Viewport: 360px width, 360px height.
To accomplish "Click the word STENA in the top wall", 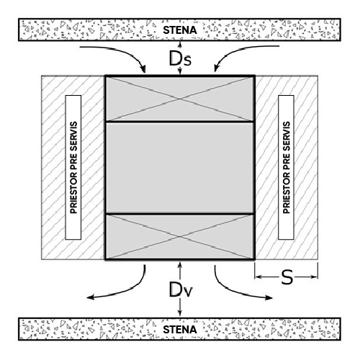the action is pyautogui.click(x=180, y=30).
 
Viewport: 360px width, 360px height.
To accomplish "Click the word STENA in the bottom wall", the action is pyautogui.click(x=180, y=330).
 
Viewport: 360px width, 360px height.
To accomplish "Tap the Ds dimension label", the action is pyautogui.click(x=180, y=58).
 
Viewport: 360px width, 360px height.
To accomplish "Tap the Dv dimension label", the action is pyautogui.click(x=181, y=289).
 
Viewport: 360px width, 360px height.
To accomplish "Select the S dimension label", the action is pyautogui.click(x=287, y=277).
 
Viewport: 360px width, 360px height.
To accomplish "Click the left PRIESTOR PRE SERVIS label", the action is pyautogui.click(x=73, y=167).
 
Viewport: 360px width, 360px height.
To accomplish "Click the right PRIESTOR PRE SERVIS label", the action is pyautogui.click(x=287, y=167).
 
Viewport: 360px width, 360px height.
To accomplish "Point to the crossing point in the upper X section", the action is pyautogui.click(x=180, y=99).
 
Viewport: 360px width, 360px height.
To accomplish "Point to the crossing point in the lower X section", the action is pyautogui.click(x=180, y=237).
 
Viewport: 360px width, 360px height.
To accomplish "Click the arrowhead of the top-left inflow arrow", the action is pyautogui.click(x=143, y=70).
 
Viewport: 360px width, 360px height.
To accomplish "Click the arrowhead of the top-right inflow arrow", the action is pyautogui.click(x=216, y=69).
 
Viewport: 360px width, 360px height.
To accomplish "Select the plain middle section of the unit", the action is pyautogui.click(x=180, y=168).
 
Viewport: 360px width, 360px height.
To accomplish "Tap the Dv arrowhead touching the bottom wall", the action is pyautogui.click(x=180, y=315).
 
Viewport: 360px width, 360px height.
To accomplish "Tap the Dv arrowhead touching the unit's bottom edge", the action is pyautogui.click(x=180, y=264).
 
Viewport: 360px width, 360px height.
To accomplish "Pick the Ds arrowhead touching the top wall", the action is pyautogui.click(x=180, y=43).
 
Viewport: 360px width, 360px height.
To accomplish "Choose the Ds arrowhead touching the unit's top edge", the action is pyautogui.click(x=180, y=72).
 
